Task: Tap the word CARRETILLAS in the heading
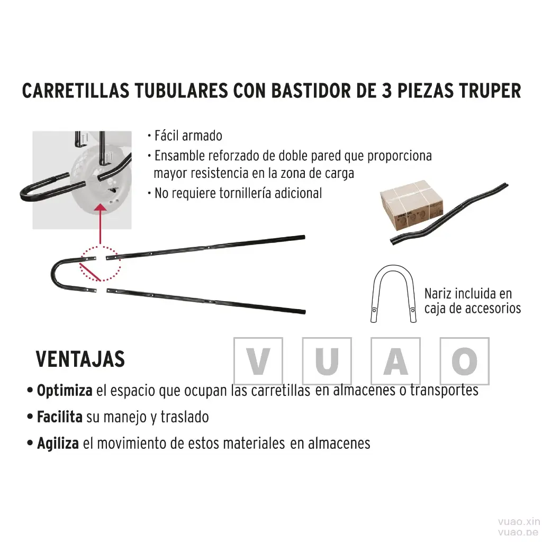pyautogui.click(x=76, y=91)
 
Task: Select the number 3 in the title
pyautogui.click(x=386, y=91)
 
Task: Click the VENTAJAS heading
pyautogui.click(x=80, y=359)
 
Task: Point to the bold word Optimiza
pyautogui.click(x=65, y=391)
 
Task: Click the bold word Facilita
pyautogui.click(x=60, y=417)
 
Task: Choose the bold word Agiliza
pyautogui.click(x=58, y=444)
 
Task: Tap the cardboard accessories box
pyautogui.click(x=412, y=205)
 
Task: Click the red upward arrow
pyautogui.click(x=100, y=224)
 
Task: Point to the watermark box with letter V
pyautogui.click(x=258, y=361)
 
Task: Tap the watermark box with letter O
pyautogui.click(x=465, y=361)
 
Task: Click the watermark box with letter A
pyautogui.click(x=396, y=361)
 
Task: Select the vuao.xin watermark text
pyautogui.click(x=519, y=521)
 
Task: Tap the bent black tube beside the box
pyautogui.click(x=449, y=214)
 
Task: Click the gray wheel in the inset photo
pyautogui.click(x=100, y=180)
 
